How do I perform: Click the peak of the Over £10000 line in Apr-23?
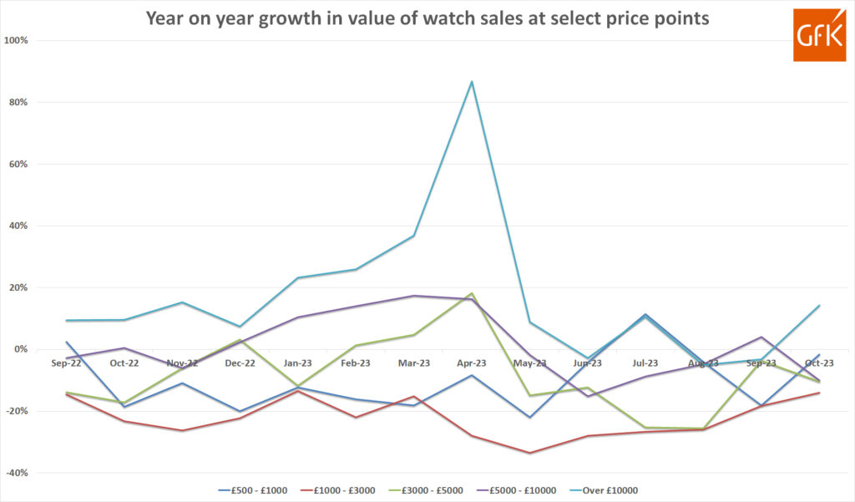tap(472, 81)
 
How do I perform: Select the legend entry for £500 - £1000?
tap(253, 490)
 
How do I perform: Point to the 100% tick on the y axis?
tap(16, 40)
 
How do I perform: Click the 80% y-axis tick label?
tap(18, 102)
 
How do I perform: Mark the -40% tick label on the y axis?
tap(16, 473)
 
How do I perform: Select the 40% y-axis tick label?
tap(18, 226)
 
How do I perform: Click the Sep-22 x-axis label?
tap(67, 363)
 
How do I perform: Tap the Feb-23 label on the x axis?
tap(356, 363)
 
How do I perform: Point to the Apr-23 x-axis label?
tap(472, 363)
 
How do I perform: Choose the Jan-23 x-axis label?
tap(298, 363)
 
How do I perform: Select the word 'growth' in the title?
tap(284, 18)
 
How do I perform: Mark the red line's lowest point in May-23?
tap(529, 453)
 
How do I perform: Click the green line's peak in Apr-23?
tap(472, 294)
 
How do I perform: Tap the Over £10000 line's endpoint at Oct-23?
tap(819, 306)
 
